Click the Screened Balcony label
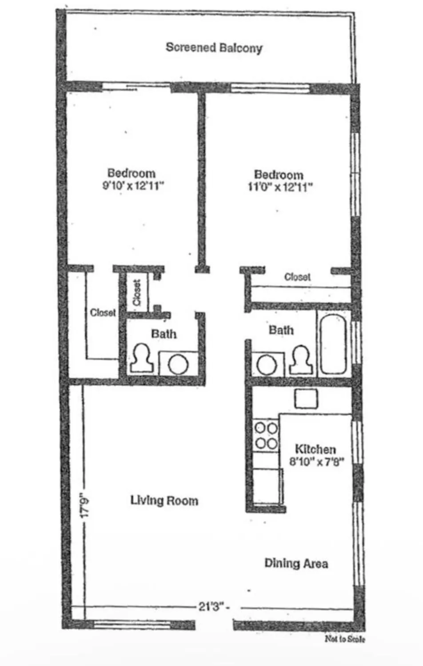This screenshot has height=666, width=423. click(x=214, y=48)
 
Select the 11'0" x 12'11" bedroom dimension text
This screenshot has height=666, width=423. click(x=280, y=187)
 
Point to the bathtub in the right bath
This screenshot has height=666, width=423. click(x=333, y=344)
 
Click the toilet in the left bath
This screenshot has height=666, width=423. click(x=142, y=359)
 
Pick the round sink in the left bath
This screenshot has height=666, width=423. click(x=178, y=365)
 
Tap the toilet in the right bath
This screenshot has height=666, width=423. click(x=302, y=360)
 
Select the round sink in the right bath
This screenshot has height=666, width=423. click(x=267, y=365)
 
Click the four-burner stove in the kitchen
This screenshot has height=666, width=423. click(x=266, y=436)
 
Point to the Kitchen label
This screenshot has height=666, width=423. click(x=315, y=449)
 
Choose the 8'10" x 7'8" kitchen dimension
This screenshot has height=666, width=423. click(x=317, y=462)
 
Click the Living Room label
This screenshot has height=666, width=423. click(x=164, y=501)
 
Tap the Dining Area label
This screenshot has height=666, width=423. click(x=296, y=563)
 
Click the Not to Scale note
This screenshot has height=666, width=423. click(x=345, y=639)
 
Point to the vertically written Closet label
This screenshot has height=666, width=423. click(x=137, y=292)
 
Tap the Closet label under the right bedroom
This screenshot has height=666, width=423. click(x=297, y=277)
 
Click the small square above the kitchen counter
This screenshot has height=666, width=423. click(x=306, y=398)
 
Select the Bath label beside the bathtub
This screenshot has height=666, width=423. click(x=281, y=330)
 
